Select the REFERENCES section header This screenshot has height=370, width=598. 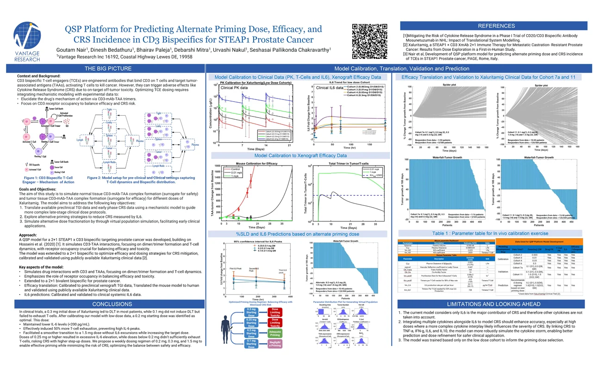tap(496, 26)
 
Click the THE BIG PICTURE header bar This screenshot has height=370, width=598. tap(103, 68)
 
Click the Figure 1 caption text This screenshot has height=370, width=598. tap(48, 179)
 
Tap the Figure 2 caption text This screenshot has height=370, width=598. tap(141, 179)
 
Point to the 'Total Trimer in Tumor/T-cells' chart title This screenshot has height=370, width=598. tap(346, 164)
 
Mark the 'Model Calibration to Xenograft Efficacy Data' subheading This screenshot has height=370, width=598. tap(300, 155)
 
